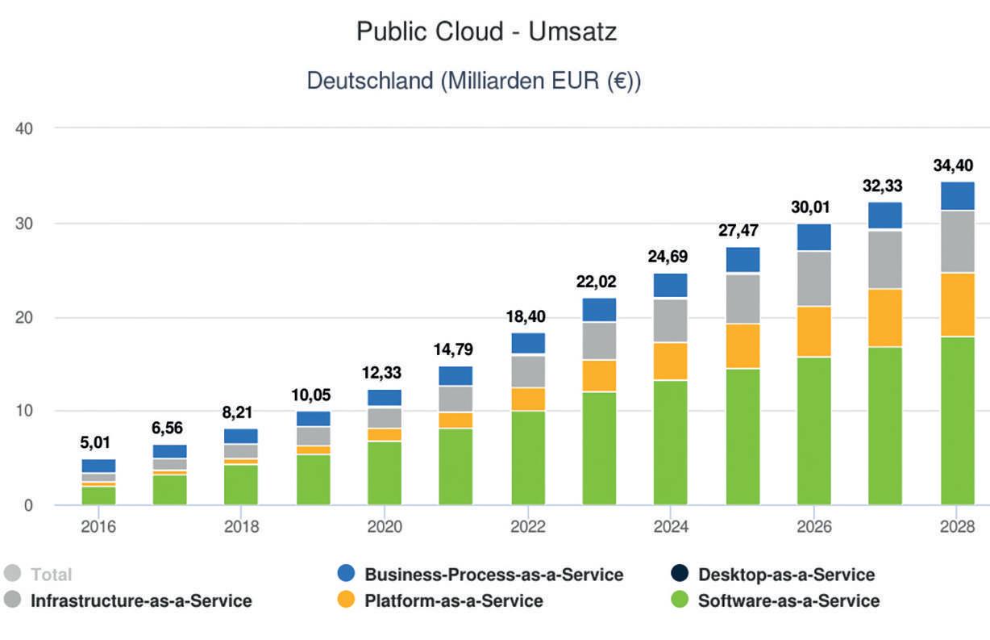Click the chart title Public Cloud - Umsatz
[486, 33]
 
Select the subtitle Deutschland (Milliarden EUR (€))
[474, 82]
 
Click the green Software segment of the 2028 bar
[957, 420]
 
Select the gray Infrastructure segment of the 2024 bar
[671, 320]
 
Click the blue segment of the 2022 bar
[528, 343]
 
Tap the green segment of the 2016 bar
[98, 496]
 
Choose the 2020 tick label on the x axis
[385, 527]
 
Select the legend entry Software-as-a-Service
[788, 600]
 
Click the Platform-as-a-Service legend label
[453, 600]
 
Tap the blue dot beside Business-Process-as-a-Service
[345, 575]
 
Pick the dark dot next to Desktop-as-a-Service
[679, 575]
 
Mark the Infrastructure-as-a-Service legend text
[141, 600]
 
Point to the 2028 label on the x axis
[957, 527]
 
